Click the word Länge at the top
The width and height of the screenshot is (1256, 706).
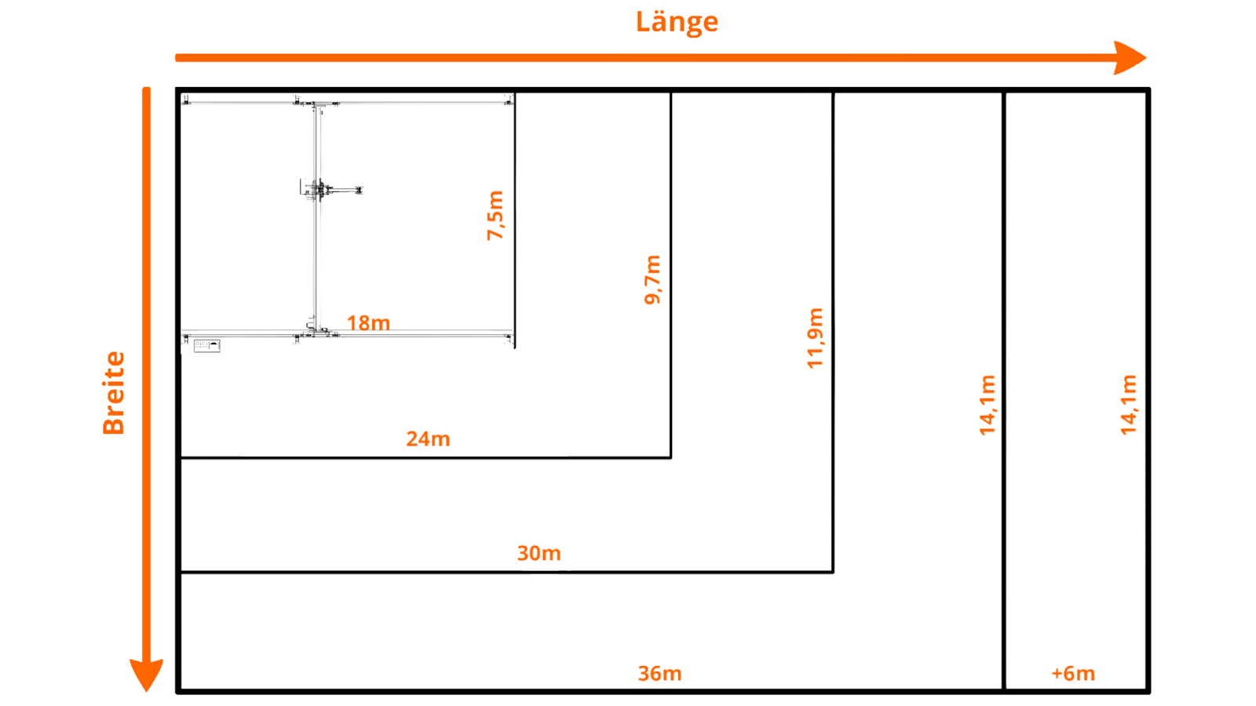[x=677, y=23]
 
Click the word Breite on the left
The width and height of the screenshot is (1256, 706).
[x=114, y=393]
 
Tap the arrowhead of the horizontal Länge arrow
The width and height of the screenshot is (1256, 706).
[x=1130, y=58]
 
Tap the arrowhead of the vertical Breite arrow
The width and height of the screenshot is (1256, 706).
[x=146, y=675]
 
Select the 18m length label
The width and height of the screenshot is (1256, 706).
[x=368, y=323]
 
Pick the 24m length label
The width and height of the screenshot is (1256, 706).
[x=429, y=439]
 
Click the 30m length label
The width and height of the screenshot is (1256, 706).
[x=539, y=553]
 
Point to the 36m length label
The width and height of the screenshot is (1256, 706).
[x=660, y=674]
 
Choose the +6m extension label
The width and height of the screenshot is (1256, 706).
[x=1073, y=674]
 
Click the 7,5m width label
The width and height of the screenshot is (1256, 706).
[x=495, y=216]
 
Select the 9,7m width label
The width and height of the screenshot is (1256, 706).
[x=652, y=279]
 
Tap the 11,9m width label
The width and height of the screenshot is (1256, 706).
[x=815, y=338]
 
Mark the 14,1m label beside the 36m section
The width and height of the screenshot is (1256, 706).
[x=988, y=405]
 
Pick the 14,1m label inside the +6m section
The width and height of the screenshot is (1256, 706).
[x=1128, y=405]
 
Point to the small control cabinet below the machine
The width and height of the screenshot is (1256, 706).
[x=207, y=346]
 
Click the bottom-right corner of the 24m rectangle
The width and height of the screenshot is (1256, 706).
[x=670, y=458]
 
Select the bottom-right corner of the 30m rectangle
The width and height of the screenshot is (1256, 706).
[x=833, y=572]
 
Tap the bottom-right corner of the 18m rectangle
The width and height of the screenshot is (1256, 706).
[x=515, y=348]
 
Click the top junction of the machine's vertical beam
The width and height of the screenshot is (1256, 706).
[x=318, y=104]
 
